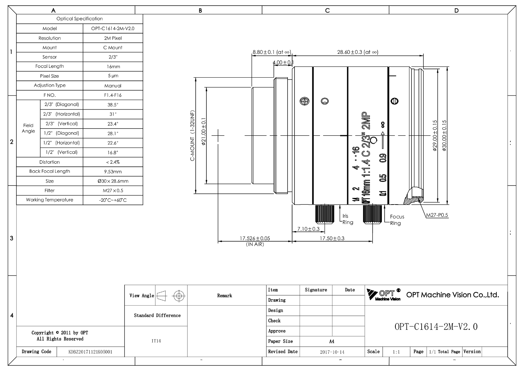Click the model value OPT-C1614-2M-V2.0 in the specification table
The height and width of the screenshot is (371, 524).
(x=113, y=29)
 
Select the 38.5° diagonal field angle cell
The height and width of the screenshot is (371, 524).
(x=113, y=105)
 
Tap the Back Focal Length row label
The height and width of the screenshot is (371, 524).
(x=50, y=171)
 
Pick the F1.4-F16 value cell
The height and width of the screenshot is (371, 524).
(x=113, y=95)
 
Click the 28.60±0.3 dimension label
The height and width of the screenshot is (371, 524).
(x=358, y=52)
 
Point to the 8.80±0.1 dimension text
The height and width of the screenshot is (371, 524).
(x=272, y=52)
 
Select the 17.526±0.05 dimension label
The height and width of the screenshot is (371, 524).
(x=255, y=238)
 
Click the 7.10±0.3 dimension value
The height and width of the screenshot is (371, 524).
(x=308, y=229)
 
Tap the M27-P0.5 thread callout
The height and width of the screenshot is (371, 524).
(x=437, y=215)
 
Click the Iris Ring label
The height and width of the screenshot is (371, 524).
(x=348, y=219)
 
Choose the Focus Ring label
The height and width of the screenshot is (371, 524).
(x=397, y=220)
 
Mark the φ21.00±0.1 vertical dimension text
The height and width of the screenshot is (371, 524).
(x=204, y=131)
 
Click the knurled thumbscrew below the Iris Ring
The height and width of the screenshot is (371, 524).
(x=325, y=214)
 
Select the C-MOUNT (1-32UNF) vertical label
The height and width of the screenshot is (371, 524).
(x=192, y=136)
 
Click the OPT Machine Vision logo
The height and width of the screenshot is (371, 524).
(x=384, y=294)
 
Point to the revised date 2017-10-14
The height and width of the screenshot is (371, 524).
(x=332, y=352)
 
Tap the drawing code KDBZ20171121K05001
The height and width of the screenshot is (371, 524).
(x=90, y=352)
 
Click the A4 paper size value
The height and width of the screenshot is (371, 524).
(x=332, y=342)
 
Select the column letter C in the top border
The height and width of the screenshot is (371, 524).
(x=327, y=10)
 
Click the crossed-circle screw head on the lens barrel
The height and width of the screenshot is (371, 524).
(x=304, y=101)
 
